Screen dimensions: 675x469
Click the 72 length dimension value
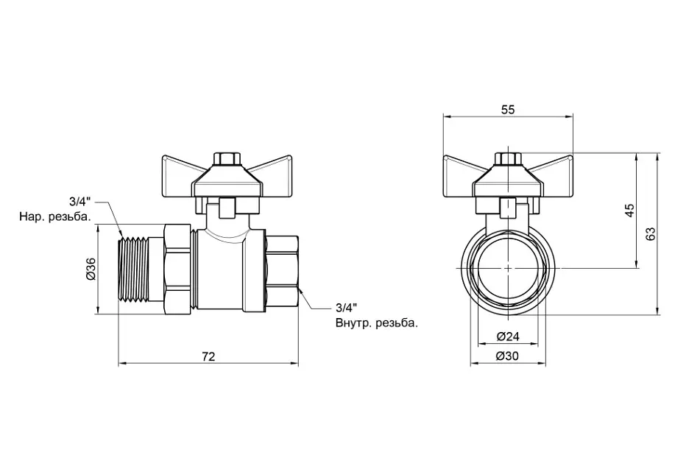click(208, 356)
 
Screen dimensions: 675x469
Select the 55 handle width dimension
click(508, 110)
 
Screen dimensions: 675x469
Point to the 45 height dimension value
click(629, 210)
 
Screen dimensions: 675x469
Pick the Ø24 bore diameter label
click(508, 336)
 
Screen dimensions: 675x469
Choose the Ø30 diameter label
click(508, 356)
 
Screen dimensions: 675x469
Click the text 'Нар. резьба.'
click(55, 216)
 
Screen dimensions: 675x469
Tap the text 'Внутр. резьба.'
click(377, 323)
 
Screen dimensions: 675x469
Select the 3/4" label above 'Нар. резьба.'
click(80, 201)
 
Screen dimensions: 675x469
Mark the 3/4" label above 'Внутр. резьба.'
click(347, 308)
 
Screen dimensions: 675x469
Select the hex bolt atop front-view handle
click(508, 158)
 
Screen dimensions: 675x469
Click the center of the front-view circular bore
click(508, 268)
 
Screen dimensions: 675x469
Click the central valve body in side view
click(222, 269)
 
